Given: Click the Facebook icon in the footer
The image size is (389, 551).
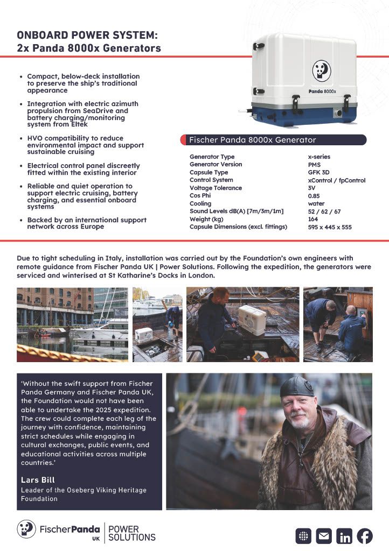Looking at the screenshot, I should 365,536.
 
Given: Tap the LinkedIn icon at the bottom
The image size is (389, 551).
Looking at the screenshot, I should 344,536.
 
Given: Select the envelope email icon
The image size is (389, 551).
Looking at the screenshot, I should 324,536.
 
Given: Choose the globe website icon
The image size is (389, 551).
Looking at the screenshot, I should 304,536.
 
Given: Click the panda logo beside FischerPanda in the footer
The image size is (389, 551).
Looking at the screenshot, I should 26,529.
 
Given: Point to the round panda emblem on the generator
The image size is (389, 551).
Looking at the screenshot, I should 322,70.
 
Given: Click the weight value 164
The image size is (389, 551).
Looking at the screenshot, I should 313,220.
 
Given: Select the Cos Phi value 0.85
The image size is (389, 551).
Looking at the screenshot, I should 314,196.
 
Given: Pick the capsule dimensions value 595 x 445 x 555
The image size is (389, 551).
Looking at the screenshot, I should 330,227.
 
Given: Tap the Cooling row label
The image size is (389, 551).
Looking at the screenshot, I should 200,204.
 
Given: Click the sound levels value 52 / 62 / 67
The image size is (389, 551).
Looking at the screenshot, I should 324,211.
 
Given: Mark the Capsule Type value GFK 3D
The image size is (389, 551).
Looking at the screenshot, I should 318,172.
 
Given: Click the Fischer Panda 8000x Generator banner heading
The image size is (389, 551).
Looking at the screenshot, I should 253,140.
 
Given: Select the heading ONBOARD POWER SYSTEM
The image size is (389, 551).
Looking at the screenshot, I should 87,36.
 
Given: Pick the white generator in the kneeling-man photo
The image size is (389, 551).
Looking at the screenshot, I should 252,320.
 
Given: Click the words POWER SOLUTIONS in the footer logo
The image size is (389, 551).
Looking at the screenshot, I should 131,533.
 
